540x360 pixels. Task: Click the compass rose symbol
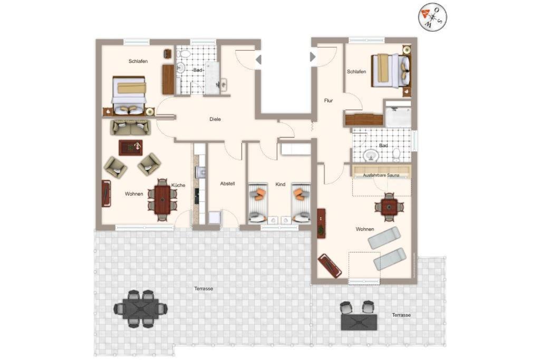432,17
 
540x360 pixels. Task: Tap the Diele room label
215,119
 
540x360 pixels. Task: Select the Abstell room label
227,183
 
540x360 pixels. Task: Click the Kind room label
281,184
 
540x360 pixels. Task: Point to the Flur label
328,101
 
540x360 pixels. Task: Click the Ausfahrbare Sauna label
381,175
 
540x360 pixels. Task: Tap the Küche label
178,185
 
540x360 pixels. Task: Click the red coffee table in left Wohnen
131,147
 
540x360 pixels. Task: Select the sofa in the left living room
130,128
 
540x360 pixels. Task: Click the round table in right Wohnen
389,207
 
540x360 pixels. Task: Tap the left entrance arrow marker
258,60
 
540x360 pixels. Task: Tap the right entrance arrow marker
313,56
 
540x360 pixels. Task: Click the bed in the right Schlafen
391,71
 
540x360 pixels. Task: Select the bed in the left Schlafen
129,95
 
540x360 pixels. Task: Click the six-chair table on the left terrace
140,309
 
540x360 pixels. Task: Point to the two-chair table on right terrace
359,316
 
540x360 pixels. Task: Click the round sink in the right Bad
371,155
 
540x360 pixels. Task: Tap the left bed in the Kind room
258,203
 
